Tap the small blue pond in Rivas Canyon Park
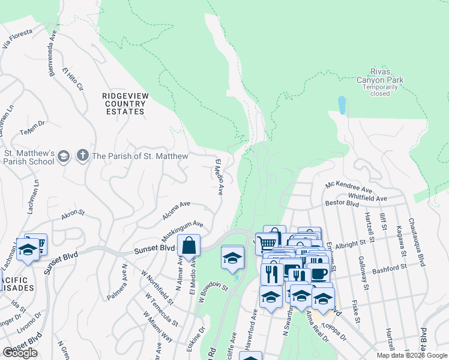pyautogui.click(x=342, y=105)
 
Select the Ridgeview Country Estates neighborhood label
pyautogui.click(x=124, y=103)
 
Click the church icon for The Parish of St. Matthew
pyautogui.click(x=82, y=157)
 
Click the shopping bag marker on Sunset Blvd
pyautogui.click(x=188, y=246)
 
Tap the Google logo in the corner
pyautogui.click(x=20, y=353)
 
